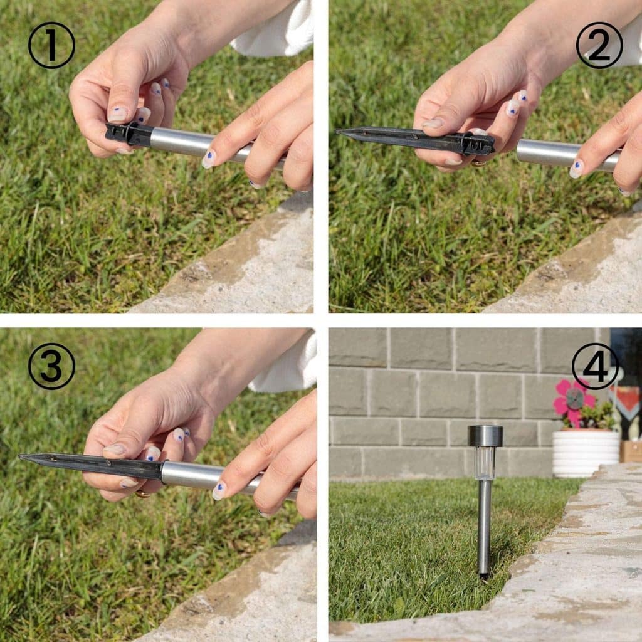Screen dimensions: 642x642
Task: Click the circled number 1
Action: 51,45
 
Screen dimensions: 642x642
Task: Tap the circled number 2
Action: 599,45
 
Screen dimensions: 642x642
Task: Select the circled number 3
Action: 51,366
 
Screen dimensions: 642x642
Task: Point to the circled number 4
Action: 595,366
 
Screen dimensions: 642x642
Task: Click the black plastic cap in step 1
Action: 129,134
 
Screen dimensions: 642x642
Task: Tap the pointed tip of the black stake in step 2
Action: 337,132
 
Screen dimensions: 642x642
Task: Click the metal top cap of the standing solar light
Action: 485,436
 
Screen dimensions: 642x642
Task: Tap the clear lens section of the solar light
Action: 485,463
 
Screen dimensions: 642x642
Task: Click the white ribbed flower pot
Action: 586,453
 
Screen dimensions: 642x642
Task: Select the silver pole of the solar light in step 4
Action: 485,528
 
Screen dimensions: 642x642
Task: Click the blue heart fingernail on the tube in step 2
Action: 577,168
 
